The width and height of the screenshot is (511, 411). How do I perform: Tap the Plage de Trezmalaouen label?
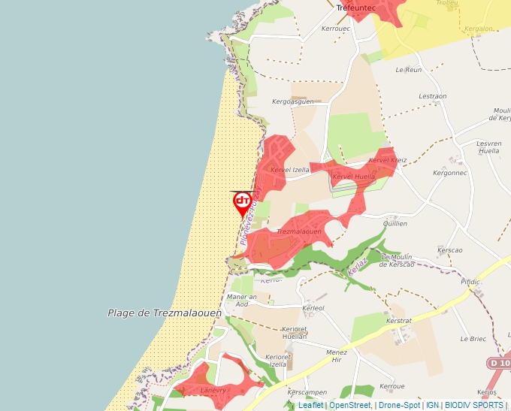pyautogui.click(x=165, y=313)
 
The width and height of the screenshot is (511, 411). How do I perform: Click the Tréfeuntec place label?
pyautogui.click(x=355, y=8)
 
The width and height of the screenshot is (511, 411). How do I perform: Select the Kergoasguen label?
pyautogui.click(x=293, y=101)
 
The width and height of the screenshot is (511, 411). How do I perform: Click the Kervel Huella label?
pyautogui.click(x=353, y=177)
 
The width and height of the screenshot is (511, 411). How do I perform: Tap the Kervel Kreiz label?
pyautogui.click(x=388, y=160)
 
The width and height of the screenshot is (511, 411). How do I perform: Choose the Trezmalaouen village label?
pyautogui.click(x=299, y=232)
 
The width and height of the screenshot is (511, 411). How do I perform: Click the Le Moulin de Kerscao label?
pyautogui.click(x=408, y=260)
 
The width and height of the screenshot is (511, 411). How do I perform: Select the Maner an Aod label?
pyautogui.click(x=242, y=300)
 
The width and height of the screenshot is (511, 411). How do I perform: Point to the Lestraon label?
pyautogui.click(x=432, y=96)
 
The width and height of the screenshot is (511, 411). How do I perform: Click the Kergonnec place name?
pyautogui.click(x=450, y=173)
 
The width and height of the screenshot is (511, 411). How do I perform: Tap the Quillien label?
pyautogui.click(x=395, y=223)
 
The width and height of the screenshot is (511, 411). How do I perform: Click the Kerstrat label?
pyautogui.click(x=399, y=320)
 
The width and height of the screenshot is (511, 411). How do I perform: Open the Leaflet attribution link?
pyautogui.click(x=311, y=405)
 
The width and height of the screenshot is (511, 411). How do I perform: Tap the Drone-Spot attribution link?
pyautogui.click(x=399, y=405)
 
